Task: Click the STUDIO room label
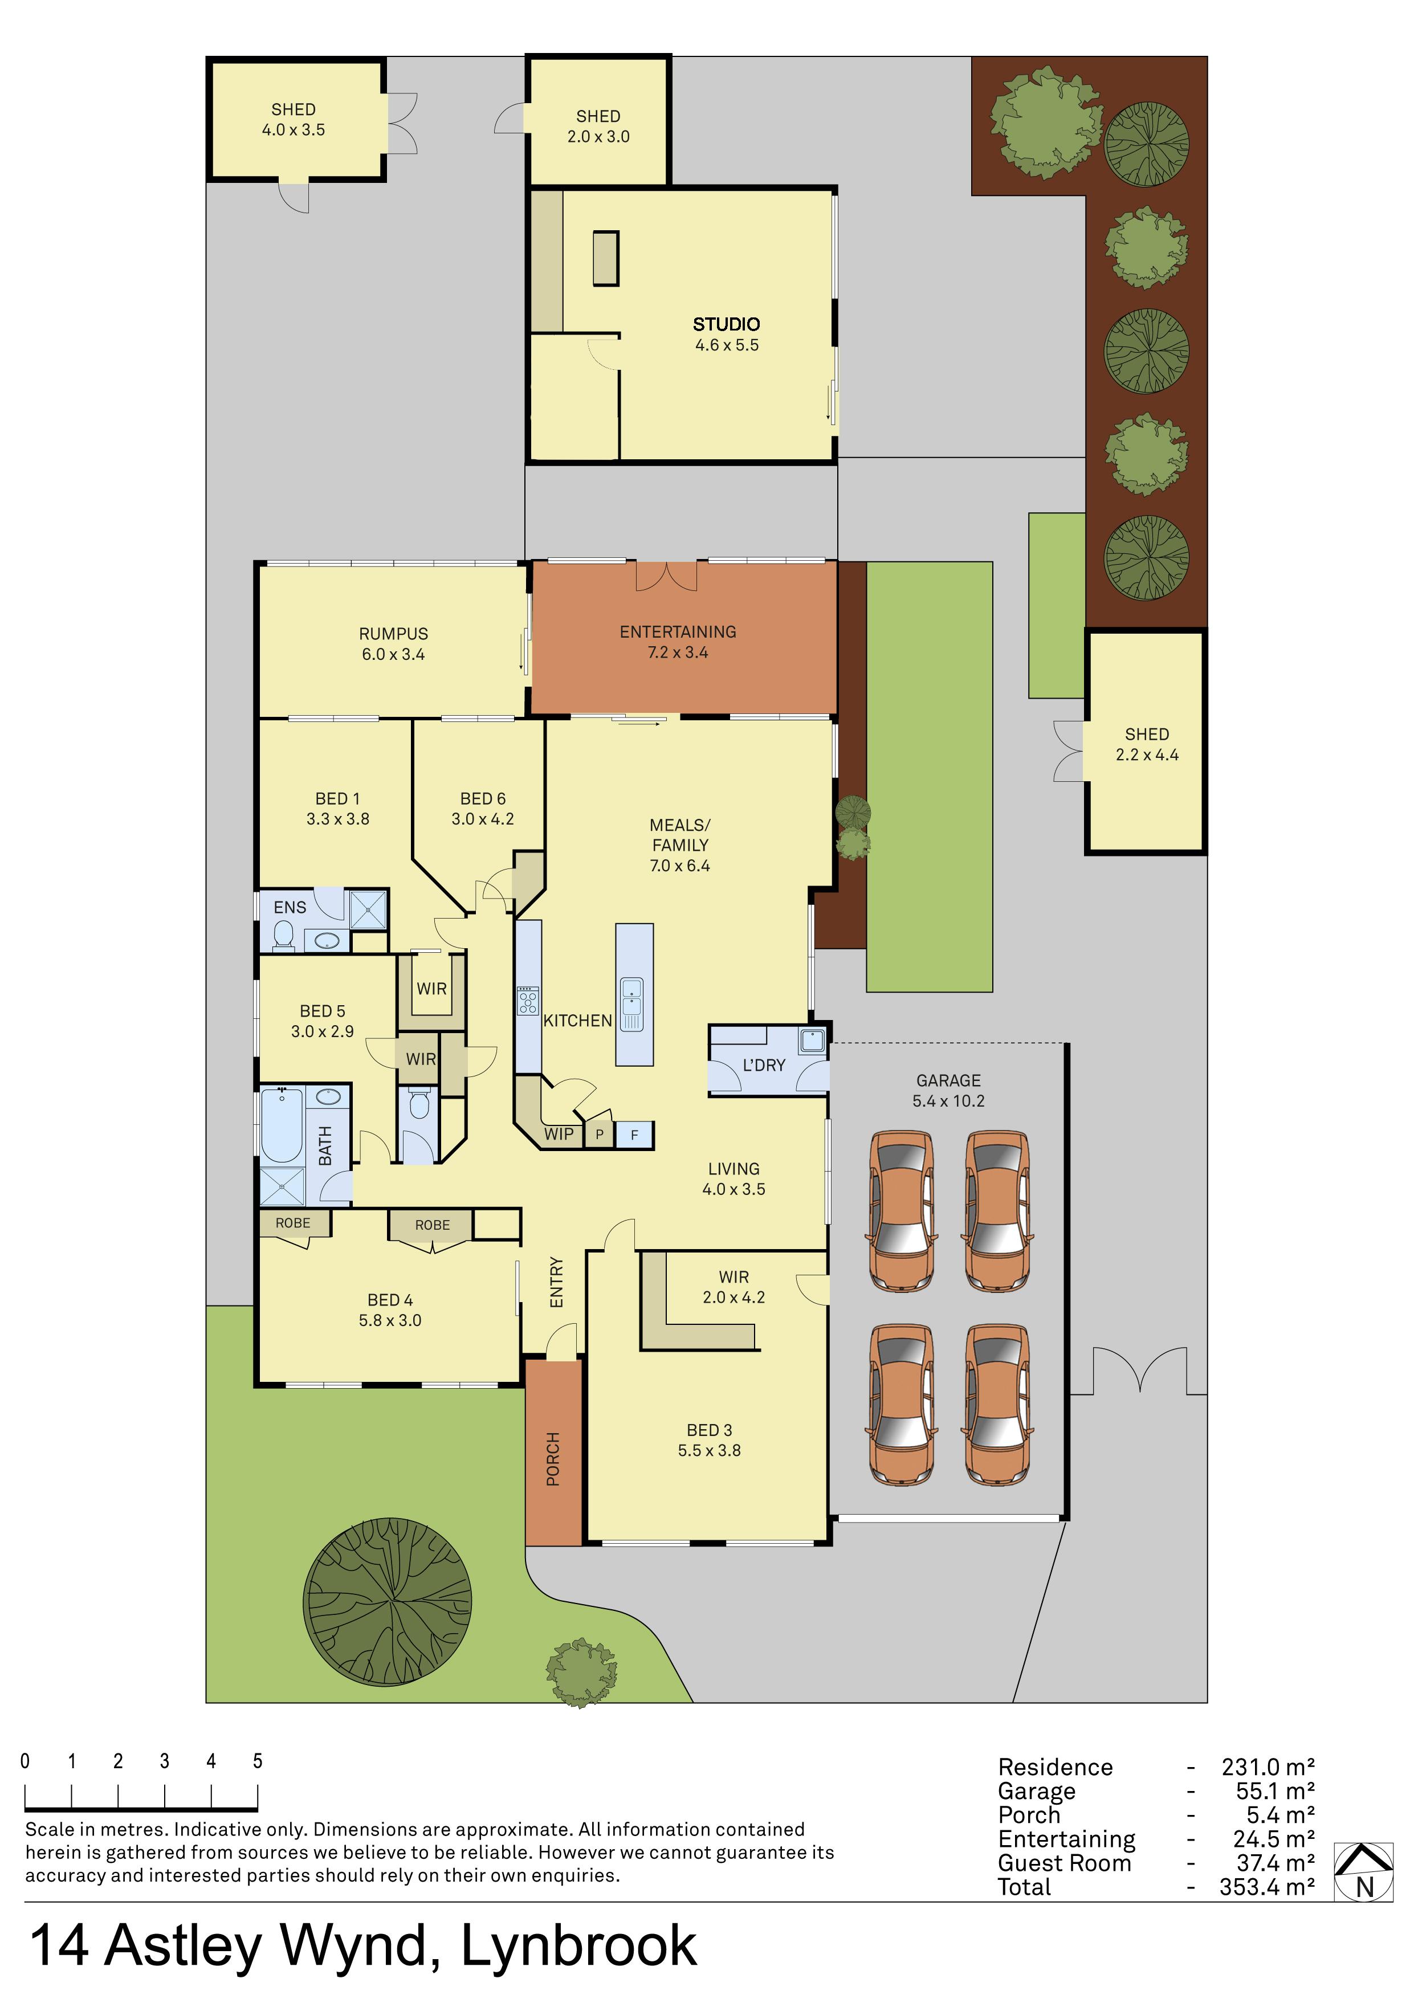point(726,324)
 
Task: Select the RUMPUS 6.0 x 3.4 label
point(394,643)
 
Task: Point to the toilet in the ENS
point(283,935)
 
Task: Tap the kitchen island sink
point(632,1004)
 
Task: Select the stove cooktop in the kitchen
point(528,1001)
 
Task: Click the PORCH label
point(553,1458)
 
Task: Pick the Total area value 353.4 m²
point(1267,1887)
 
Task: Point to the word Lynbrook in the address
point(578,1946)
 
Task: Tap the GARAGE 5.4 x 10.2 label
point(948,1090)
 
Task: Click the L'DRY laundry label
point(764,1065)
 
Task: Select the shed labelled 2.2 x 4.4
point(1146,742)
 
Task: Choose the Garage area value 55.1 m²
point(1276,1791)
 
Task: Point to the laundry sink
point(812,1041)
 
